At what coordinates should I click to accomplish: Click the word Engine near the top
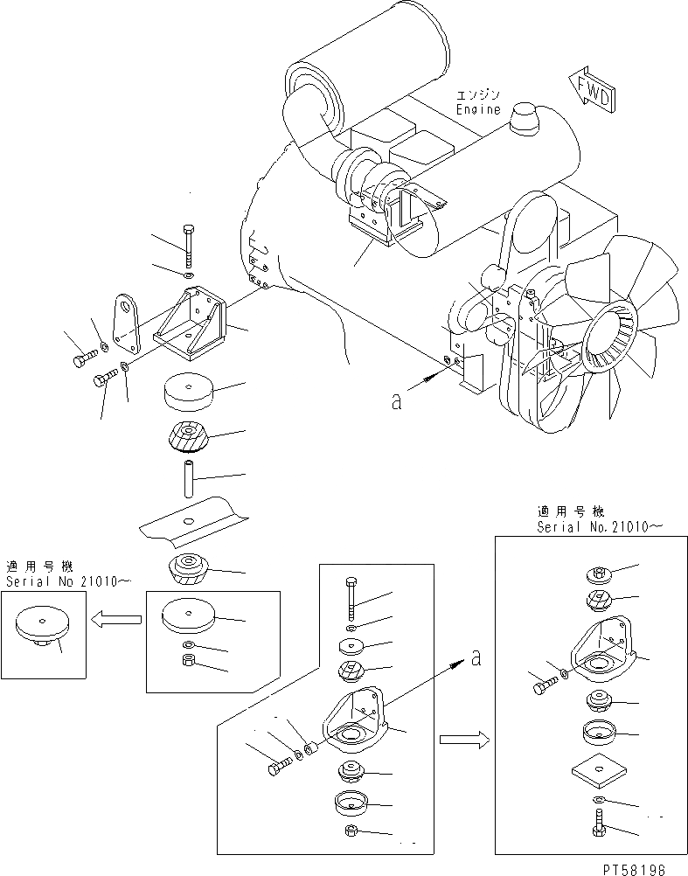[x=479, y=109]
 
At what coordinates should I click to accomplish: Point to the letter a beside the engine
[x=397, y=401]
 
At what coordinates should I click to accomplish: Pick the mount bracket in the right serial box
[x=598, y=648]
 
